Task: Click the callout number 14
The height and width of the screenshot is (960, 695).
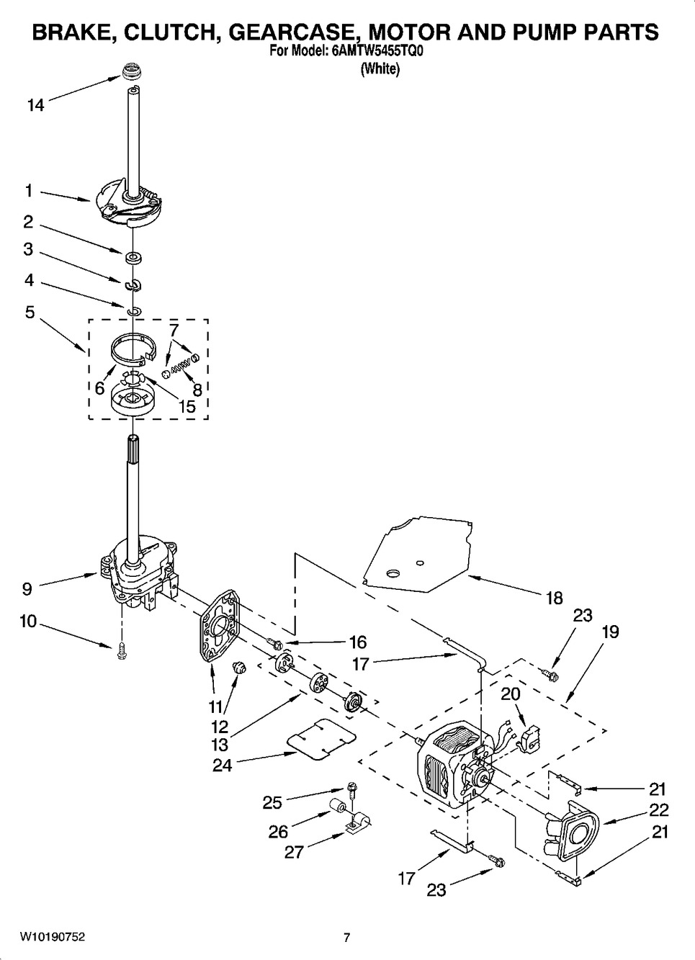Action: coord(35,105)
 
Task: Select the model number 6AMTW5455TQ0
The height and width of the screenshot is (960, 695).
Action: coord(374,51)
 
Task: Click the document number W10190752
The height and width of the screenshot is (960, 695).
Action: coord(53,937)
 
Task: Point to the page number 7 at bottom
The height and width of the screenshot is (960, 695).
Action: coord(346,937)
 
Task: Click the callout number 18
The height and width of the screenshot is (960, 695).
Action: coord(554,598)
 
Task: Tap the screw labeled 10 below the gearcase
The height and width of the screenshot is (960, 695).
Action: coord(122,651)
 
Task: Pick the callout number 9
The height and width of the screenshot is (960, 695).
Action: coord(27,588)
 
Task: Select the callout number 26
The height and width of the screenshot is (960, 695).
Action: coord(278,832)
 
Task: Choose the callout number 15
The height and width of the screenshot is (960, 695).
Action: coord(186,406)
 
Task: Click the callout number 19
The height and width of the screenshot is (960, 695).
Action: coord(610,632)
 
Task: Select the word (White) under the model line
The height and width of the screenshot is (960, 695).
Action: coord(380,69)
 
